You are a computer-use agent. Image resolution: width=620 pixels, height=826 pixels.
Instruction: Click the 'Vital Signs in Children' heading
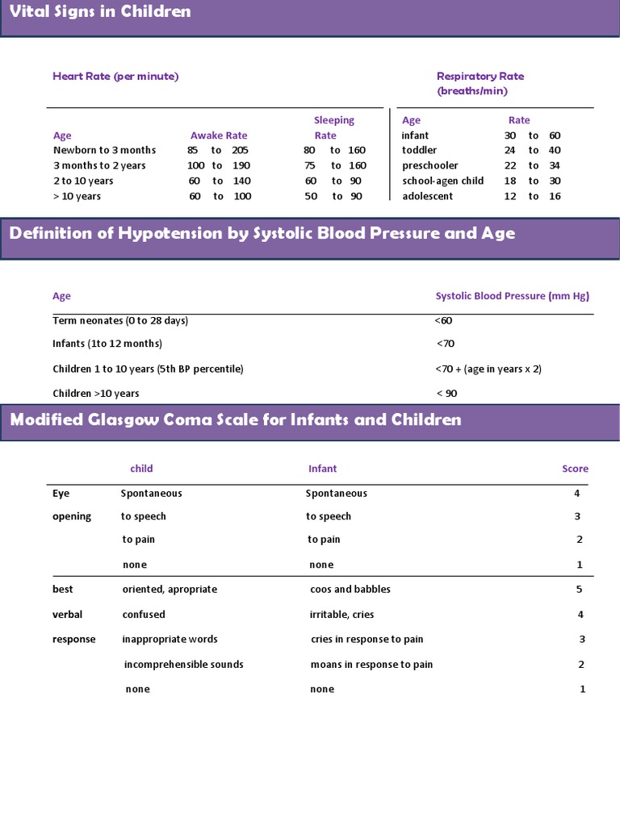pyautogui.click(x=100, y=11)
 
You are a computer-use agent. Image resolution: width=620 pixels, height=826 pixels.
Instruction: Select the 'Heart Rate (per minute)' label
pyautogui.click(x=115, y=77)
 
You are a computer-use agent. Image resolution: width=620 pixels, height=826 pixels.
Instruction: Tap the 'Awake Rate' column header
pyautogui.click(x=219, y=136)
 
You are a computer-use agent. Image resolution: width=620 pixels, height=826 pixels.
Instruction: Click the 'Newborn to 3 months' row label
pyautogui.click(x=104, y=150)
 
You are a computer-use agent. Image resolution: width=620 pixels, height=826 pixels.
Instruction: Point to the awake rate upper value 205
pyautogui.click(x=240, y=150)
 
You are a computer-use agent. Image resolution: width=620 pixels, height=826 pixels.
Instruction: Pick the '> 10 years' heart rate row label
pyautogui.click(x=77, y=196)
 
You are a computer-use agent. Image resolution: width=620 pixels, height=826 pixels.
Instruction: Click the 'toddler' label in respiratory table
pyautogui.click(x=419, y=150)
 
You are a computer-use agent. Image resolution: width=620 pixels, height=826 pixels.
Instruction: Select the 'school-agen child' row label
pyautogui.click(x=442, y=181)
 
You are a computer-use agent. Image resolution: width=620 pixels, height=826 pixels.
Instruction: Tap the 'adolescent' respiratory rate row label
pyautogui.click(x=427, y=196)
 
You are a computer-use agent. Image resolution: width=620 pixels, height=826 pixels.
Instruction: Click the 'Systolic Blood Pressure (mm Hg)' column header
pyautogui.click(x=513, y=296)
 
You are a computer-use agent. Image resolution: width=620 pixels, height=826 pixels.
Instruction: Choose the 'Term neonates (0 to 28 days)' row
pyautogui.click(x=120, y=320)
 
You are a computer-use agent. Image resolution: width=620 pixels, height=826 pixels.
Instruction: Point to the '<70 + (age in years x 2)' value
pyautogui.click(x=488, y=369)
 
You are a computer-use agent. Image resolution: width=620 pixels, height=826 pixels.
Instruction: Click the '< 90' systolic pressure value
pyautogui.click(x=446, y=393)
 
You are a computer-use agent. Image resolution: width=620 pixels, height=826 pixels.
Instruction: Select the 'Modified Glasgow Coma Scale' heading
pyautogui.click(x=235, y=419)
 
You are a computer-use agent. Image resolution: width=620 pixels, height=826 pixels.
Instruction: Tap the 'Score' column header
pyautogui.click(x=575, y=469)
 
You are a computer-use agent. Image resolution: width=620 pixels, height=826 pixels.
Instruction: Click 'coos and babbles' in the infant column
pyautogui.click(x=350, y=589)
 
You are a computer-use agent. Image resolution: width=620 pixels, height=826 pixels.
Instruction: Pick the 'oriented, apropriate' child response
pyautogui.click(x=170, y=589)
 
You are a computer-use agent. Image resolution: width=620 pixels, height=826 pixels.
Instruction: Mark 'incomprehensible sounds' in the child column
pyautogui.click(x=183, y=665)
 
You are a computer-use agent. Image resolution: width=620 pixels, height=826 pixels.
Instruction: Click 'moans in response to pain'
pyautogui.click(x=371, y=665)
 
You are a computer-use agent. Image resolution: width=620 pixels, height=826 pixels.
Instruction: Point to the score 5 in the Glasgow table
pyautogui.click(x=580, y=589)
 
